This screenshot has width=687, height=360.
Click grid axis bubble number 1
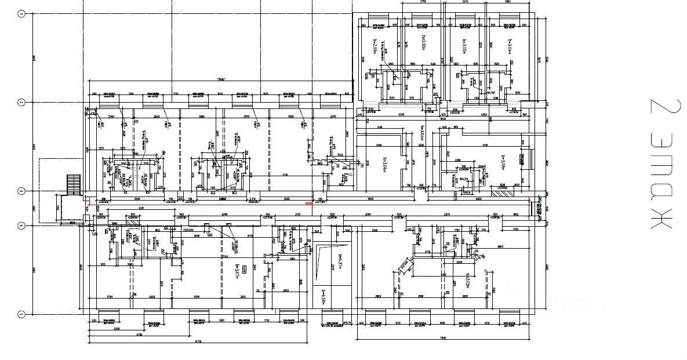pyautogui.click(x=21, y=14)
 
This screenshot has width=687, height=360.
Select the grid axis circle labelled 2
pyautogui.click(x=21, y=103)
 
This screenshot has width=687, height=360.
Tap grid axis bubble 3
pyautogui.click(x=21, y=191)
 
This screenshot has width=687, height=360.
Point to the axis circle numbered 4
pyautogui.click(x=21, y=226)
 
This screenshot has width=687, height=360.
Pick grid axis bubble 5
pyautogui.click(x=21, y=314)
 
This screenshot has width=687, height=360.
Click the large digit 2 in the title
pyautogui.click(x=660, y=111)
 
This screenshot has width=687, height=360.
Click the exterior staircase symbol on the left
pyautogui.click(x=72, y=185)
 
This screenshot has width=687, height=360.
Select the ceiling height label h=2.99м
pyautogui.click(x=375, y=46)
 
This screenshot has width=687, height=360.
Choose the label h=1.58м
pyautogui.click(x=323, y=296)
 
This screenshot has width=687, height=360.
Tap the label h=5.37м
pyautogui.click(x=341, y=262)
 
